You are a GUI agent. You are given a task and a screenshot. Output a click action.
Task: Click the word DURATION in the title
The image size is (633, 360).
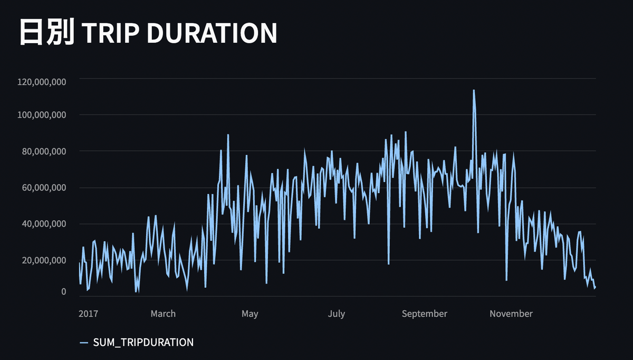pyautogui.click(x=211, y=33)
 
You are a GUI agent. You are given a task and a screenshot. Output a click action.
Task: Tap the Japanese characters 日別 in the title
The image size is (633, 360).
pyautogui.click(x=46, y=33)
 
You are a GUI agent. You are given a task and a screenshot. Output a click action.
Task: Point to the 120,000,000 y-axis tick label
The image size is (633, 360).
pyautogui.click(x=41, y=82)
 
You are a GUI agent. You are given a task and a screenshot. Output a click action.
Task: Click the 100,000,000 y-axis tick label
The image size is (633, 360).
pyautogui.click(x=41, y=115)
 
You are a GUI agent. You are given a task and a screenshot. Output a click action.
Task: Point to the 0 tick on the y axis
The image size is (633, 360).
pyautogui.click(x=63, y=291)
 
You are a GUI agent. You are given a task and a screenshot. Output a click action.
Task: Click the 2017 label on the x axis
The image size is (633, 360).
pyautogui.click(x=88, y=314)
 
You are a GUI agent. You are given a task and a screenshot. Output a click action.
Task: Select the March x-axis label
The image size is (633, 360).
pyautogui.click(x=163, y=314)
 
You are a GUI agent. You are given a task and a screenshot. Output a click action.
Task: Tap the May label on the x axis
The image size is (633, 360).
pyautogui.click(x=250, y=314)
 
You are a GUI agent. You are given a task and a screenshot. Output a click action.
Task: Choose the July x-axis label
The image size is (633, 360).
pyautogui.click(x=336, y=314)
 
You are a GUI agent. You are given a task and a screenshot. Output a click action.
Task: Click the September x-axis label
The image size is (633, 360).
pyautogui.click(x=424, y=314)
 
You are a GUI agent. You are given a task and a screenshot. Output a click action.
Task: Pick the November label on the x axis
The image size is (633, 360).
pyautogui.click(x=511, y=314)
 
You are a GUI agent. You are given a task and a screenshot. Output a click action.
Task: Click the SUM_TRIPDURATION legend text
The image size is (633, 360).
pyautogui.click(x=143, y=343)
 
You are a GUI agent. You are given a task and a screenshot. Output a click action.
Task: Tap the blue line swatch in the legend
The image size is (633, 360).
pyautogui.click(x=84, y=343)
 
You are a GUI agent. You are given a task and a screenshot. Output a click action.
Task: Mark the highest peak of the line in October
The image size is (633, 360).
pyautogui.click(x=474, y=91)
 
